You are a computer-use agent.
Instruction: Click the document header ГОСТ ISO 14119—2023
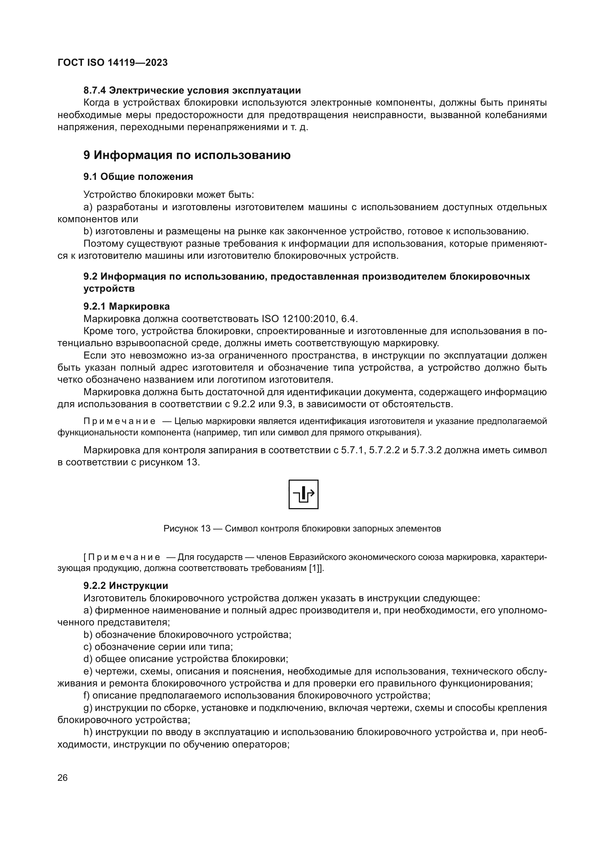[113, 63]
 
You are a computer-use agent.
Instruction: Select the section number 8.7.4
[95, 91]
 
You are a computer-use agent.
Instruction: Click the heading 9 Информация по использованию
[187, 155]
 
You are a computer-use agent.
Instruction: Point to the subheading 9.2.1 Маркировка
[126, 306]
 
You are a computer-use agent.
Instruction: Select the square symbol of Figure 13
[303, 494]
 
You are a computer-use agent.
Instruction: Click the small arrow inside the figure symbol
[311, 494]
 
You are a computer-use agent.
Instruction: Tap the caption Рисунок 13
[187, 529]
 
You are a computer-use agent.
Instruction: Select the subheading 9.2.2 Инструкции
[125, 586]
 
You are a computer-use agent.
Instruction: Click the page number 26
[63, 778]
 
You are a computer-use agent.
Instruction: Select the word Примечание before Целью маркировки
[120, 421]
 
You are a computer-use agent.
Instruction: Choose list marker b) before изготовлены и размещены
[88, 231]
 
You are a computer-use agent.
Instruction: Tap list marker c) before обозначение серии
[87, 647]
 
